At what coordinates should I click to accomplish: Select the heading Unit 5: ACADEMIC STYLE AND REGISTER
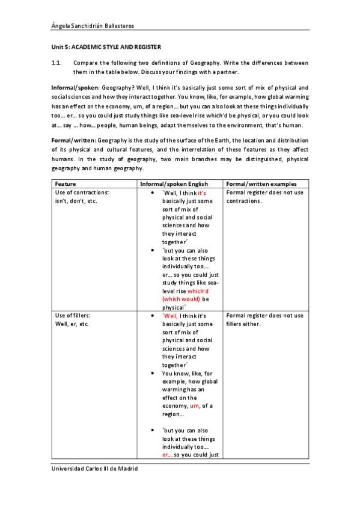106,46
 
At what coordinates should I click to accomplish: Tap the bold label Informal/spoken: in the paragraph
75,87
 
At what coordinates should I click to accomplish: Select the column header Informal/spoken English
174,183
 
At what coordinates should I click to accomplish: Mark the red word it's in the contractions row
202,192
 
